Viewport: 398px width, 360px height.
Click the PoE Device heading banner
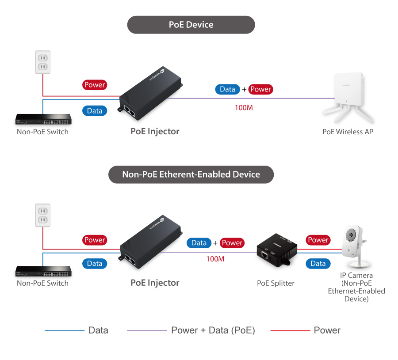pyautogui.click(x=191, y=25)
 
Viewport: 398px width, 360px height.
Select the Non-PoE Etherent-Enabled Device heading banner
pyautogui.click(x=191, y=174)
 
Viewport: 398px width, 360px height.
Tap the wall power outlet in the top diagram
pyautogui.click(x=43, y=62)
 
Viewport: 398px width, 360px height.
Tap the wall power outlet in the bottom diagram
pyautogui.click(x=43, y=215)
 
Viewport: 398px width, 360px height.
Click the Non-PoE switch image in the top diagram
pyautogui.click(x=42, y=120)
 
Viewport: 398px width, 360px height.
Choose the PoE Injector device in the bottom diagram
pyautogui.click(x=150, y=248)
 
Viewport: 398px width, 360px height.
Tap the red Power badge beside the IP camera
pyautogui.click(x=318, y=240)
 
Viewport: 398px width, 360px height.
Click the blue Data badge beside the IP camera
pyautogui.click(x=318, y=264)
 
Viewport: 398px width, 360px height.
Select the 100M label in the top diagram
pyautogui.click(x=244, y=107)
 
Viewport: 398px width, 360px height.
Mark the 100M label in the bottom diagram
pyautogui.click(x=215, y=259)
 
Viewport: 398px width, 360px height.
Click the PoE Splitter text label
pyautogui.click(x=276, y=283)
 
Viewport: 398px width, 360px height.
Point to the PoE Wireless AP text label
pyautogui.click(x=348, y=132)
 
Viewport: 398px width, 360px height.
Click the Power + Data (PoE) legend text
pyautogui.click(x=213, y=330)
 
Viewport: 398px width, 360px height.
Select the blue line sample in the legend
pyautogui.click(x=64, y=330)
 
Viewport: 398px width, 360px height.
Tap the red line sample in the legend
pyautogui.click(x=290, y=330)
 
